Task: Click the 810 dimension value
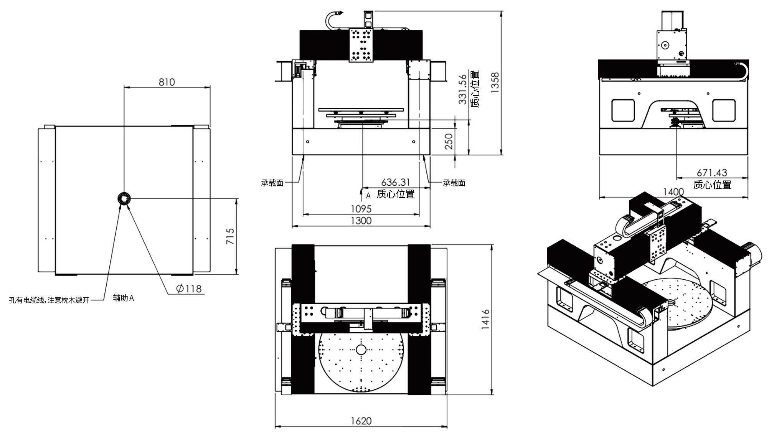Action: click(x=167, y=82)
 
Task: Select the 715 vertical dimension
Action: click(x=230, y=236)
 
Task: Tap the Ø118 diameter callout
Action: click(x=189, y=288)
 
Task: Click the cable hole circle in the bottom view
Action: click(x=124, y=198)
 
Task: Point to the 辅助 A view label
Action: click(x=123, y=298)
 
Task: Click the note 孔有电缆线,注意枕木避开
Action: click(x=49, y=300)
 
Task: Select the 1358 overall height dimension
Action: click(x=495, y=82)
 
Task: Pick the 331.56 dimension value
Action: click(x=463, y=89)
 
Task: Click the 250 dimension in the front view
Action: click(x=449, y=141)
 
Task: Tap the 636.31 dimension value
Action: click(x=396, y=182)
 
